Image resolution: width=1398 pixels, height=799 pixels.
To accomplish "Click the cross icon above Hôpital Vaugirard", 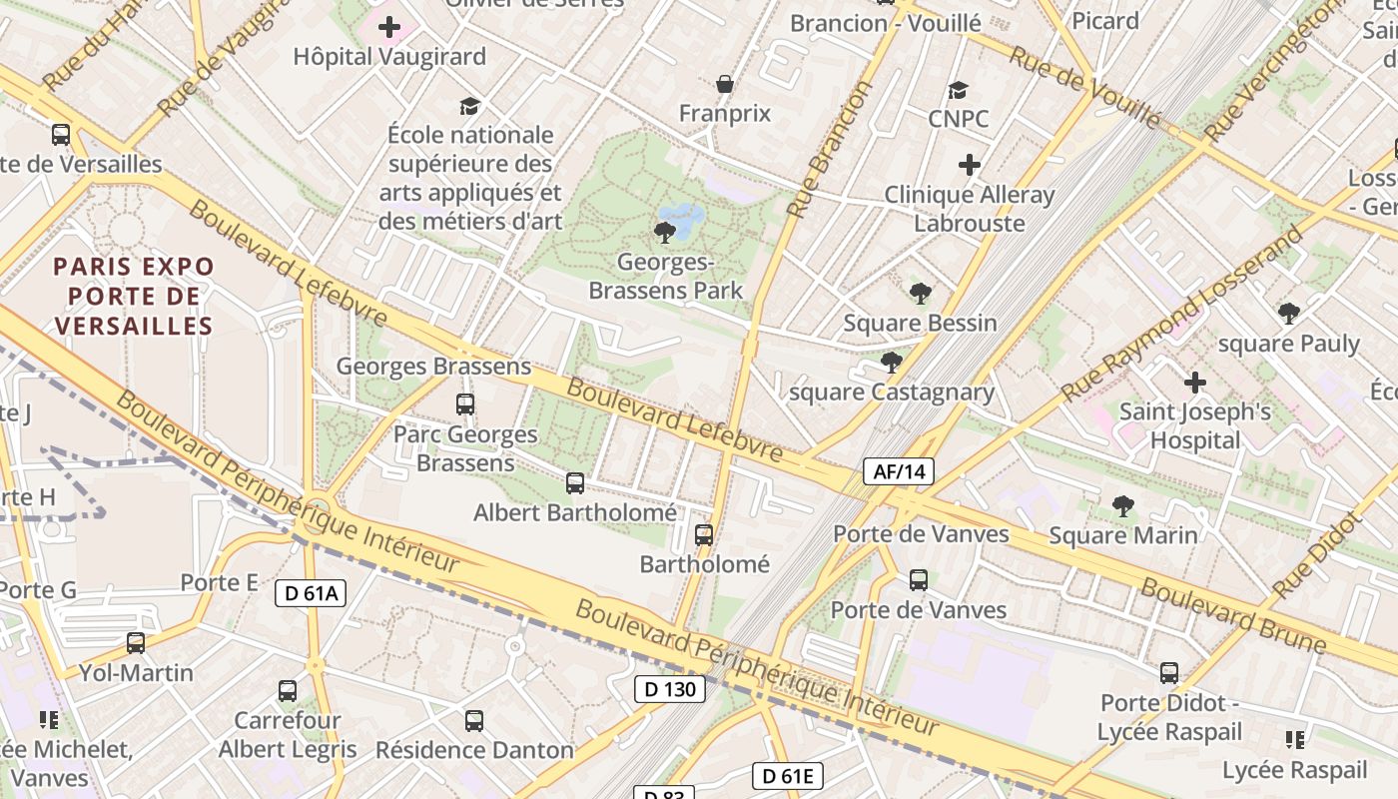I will (x=389, y=27).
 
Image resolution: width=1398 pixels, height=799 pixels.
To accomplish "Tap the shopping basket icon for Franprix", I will (x=725, y=84).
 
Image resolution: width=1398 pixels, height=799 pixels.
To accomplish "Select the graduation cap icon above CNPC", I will (x=958, y=91).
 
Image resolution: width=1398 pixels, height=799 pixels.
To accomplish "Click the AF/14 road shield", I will (x=899, y=471).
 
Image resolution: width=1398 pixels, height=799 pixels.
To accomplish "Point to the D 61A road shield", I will (x=311, y=593).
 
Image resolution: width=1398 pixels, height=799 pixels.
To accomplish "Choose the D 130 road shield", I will (x=670, y=688).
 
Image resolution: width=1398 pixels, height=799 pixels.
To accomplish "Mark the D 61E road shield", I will (x=787, y=775).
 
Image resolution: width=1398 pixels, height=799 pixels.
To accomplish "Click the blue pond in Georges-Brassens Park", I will (x=683, y=218).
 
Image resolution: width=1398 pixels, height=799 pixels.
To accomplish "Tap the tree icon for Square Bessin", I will (x=920, y=294).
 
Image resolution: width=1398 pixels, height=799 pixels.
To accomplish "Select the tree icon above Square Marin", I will (x=1123, y=506).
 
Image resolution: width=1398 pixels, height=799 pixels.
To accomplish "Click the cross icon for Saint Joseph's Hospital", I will (x=1194, y=383).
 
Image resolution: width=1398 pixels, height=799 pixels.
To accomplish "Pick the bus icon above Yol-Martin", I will (x=136, y=643).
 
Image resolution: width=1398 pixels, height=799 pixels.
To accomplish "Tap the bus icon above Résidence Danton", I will (x=474, y=720).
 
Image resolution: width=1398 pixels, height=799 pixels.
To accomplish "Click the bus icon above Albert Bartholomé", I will (x=575, y=483).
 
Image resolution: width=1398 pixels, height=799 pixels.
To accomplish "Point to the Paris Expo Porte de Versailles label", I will (x=134, y=296).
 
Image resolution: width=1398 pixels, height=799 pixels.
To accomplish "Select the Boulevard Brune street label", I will (x=1233, y=615).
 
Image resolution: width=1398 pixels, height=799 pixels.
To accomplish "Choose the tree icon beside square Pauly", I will (x=1289, y=314).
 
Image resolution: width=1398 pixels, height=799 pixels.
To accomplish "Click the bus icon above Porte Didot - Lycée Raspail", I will (x=1169, y=673).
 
